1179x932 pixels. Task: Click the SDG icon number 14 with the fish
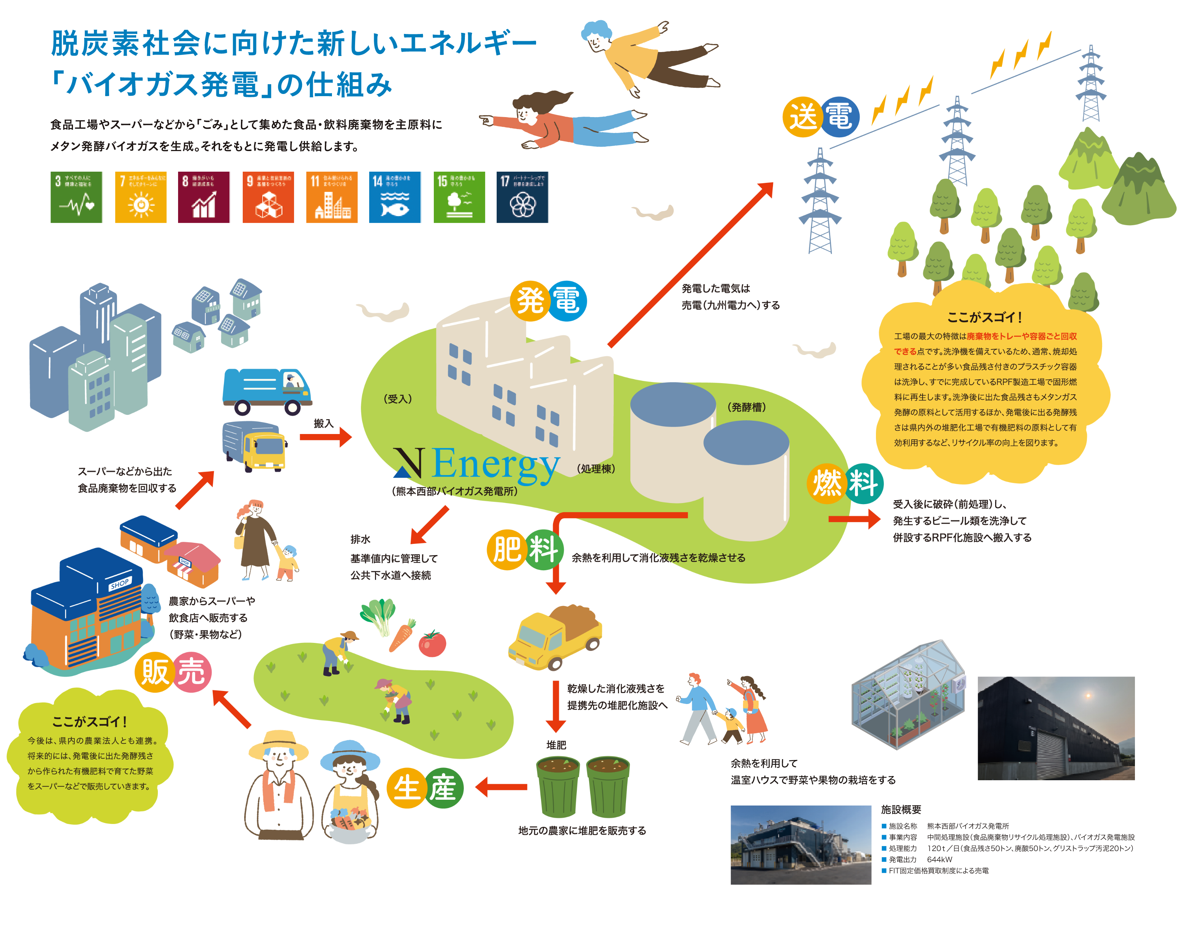pyautogui.click(x=395, y=198)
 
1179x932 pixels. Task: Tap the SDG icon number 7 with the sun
pyautogui.click(x=141, y=198)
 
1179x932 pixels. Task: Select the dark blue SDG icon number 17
pyautogui.click(x=522, y=198)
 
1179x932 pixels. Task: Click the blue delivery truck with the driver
pyautogui.click(x=267, y=390)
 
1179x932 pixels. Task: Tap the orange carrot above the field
pyautogui.click(x=402, y=636)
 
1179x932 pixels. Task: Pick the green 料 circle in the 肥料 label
pyautogui.click(x=543, y=550)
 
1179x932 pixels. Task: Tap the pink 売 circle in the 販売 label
pyautogui.click(x=191, y=672)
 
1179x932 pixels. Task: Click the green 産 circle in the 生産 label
pyautogui.click(x=443, y=788)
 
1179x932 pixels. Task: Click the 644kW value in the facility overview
pyautogui.click(x=940, y=859)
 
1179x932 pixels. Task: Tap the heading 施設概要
pyautogui.click(x=901, y=810)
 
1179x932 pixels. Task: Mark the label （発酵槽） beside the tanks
pyautogui.click(x=747, y=407)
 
